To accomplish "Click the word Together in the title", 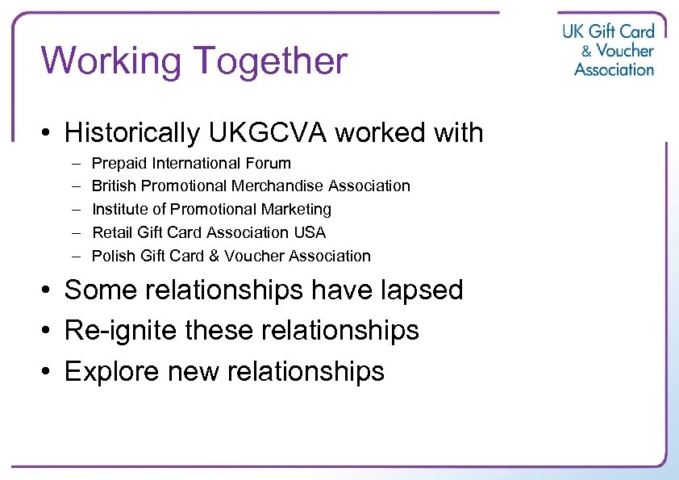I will (269, 61).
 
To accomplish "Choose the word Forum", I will (269, 163).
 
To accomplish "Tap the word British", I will (113, 186).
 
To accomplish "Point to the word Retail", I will (111, 233).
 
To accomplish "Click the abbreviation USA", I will (310, 233).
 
